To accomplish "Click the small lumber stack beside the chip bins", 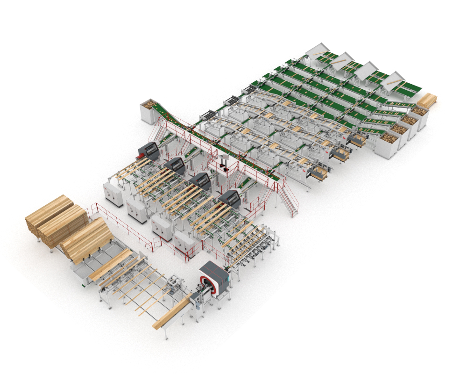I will point(427,100).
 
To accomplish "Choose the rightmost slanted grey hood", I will point(393,80).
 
